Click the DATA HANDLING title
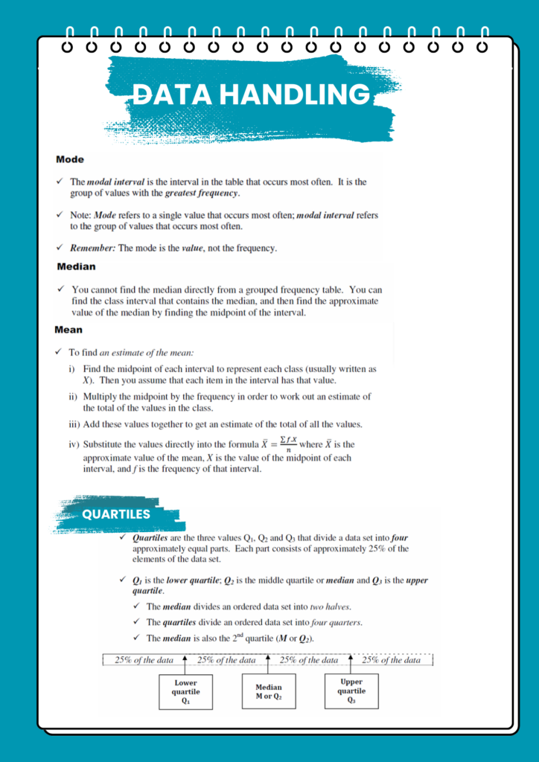tap(252, 95)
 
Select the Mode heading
tap(69, 159)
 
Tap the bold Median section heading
tap(76, 266)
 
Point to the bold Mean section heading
tap(68, 329)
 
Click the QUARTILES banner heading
tap(116, 514)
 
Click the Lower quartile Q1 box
tap(186, 691)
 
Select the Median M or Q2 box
tap(269, 691)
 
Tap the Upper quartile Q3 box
tap(351, 691)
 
